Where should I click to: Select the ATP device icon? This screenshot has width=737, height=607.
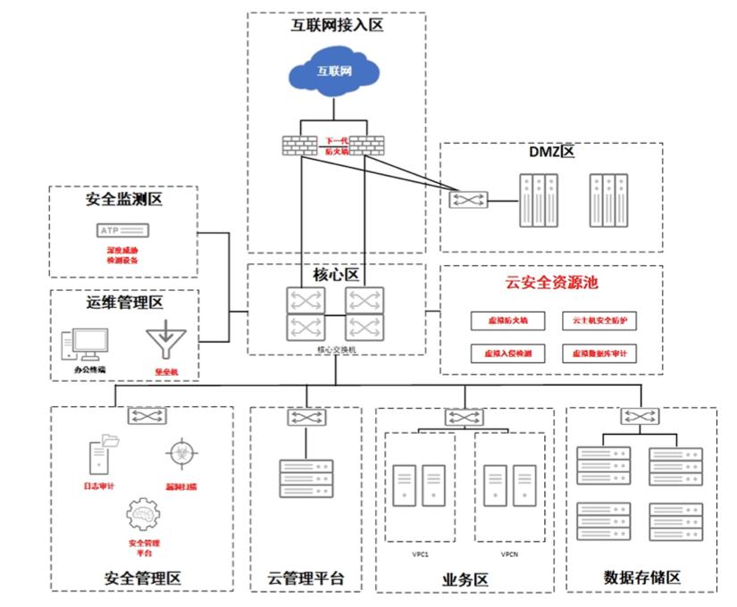point(122,231)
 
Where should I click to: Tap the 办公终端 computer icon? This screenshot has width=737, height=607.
point(85,345)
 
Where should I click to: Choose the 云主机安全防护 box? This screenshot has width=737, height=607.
point(599,320)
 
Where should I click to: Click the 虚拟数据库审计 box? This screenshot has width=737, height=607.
point(599,353)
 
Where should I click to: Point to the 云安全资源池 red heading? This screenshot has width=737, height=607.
point(551,284)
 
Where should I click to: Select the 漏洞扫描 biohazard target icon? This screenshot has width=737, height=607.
point(182,454)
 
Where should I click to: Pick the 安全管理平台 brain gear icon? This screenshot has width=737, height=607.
point(144,516)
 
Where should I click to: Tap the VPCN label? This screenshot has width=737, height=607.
point(509,553)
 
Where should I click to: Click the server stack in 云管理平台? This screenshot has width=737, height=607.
point(306,478)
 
